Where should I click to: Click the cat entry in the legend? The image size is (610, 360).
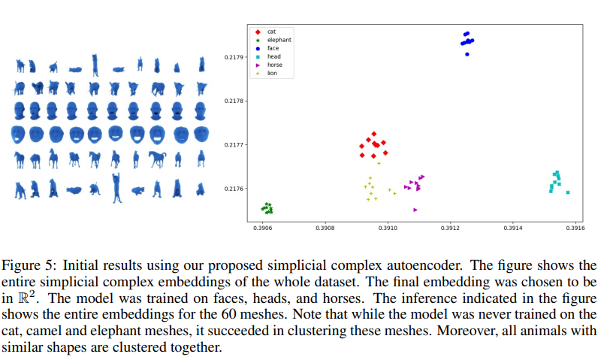(x=271, y=32)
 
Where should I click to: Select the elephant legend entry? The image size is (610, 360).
(x=279, y=40)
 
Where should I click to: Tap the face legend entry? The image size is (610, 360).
(x=273, y=48)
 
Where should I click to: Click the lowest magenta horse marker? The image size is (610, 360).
(x=415, y=210)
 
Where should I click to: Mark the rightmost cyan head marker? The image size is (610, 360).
(x=568, y=192)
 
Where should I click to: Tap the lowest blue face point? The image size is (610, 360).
(x=467, y=54)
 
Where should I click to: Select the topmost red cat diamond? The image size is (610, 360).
(x=373, y=134)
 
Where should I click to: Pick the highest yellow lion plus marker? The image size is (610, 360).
(x=379, y=163)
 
